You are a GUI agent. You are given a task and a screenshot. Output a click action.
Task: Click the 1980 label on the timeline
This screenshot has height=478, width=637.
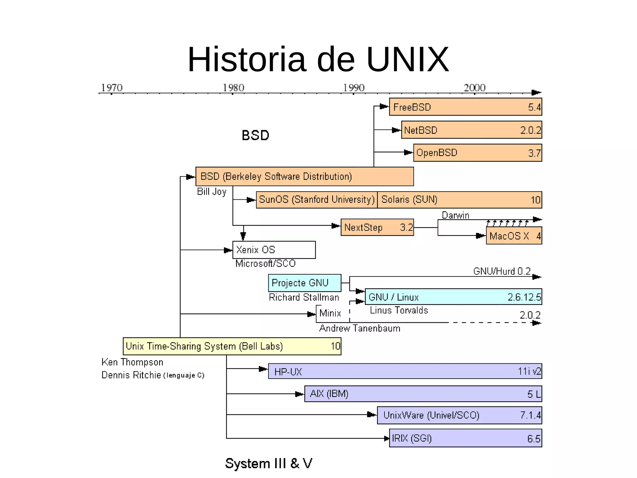click(233, 88)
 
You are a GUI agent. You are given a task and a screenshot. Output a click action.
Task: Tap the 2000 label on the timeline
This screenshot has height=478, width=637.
click(474, 88)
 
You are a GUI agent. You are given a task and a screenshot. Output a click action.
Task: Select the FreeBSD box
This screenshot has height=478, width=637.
click(465, 107)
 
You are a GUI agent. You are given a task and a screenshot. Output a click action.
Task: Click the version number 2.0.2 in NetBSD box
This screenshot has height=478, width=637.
click(531, 130)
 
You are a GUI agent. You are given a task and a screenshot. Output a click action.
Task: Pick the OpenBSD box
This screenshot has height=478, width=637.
click(477, 153)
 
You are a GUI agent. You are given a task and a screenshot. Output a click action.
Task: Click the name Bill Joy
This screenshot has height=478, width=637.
click(212, 192)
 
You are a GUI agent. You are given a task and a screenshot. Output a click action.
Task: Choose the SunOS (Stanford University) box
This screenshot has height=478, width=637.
click(317, 200)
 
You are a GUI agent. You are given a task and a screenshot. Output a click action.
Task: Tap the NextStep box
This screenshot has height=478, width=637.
click(377, 227)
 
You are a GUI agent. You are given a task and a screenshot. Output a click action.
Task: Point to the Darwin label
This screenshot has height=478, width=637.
click(455, 215)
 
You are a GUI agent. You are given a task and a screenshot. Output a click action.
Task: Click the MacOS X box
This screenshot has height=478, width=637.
click(514, 236)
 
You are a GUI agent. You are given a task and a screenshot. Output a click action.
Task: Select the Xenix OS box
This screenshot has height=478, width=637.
click(274, 250)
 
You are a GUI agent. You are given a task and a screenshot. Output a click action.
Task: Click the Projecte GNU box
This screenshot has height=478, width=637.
click(305, 283)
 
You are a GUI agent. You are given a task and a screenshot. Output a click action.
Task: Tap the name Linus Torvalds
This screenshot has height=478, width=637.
click(399, 310)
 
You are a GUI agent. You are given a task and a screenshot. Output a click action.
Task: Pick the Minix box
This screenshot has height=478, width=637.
click(330, 313)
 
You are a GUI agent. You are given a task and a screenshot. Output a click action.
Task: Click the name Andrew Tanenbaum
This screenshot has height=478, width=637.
click(360, 328)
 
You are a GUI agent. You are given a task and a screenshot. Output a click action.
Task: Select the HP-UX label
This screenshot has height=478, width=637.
click(288, 372)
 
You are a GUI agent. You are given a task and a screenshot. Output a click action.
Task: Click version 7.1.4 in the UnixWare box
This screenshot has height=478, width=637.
click(530, 415)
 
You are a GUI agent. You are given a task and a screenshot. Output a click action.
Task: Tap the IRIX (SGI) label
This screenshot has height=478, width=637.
click(411, 438)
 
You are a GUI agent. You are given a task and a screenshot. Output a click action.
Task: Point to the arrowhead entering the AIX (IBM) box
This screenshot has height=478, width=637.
click(300, 394)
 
